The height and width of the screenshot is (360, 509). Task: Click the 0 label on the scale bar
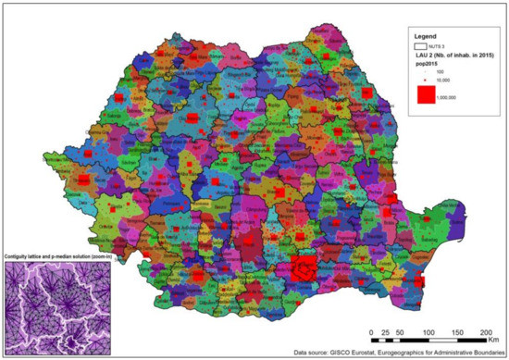tap(371, 331)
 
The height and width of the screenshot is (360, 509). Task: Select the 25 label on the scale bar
tap(384, 331)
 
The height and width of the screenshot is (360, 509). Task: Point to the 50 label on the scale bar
tap(399, 331)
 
